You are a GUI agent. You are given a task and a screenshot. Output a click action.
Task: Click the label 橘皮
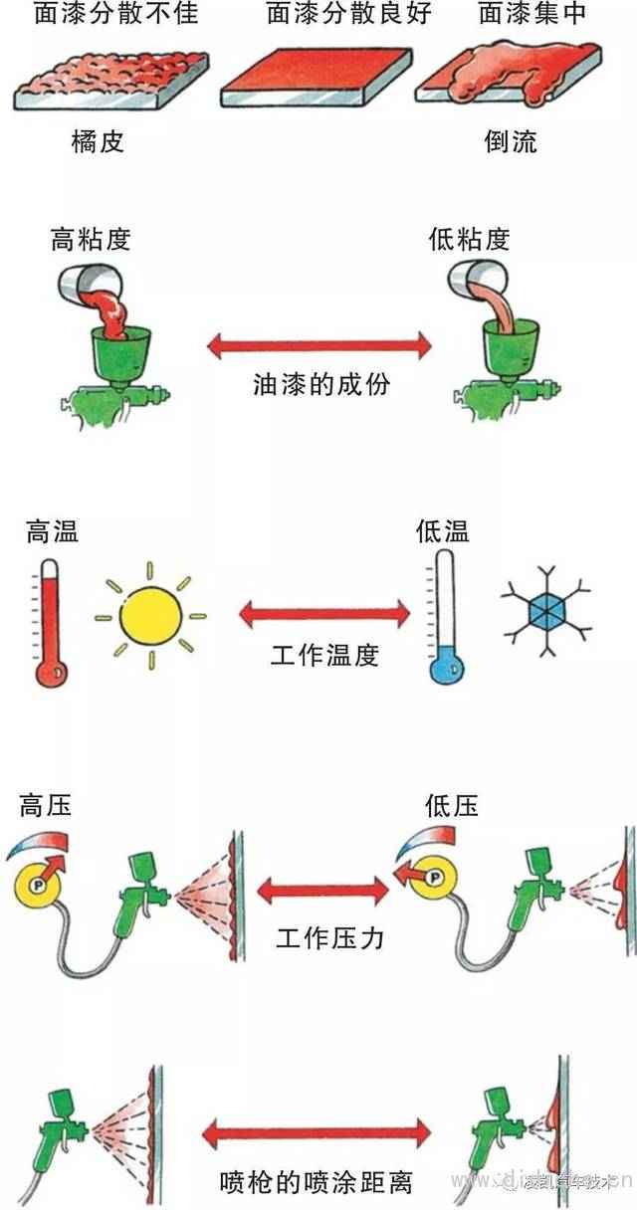[98, 142]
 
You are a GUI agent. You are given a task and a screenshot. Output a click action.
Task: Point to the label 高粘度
[91, 240]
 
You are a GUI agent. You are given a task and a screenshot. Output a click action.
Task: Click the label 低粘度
[469, 240]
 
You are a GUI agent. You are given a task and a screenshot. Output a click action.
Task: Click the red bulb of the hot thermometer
[49, 672]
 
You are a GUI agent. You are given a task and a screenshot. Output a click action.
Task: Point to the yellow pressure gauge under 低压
[431, 877]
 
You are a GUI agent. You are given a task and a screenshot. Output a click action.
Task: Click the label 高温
[53, 532]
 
